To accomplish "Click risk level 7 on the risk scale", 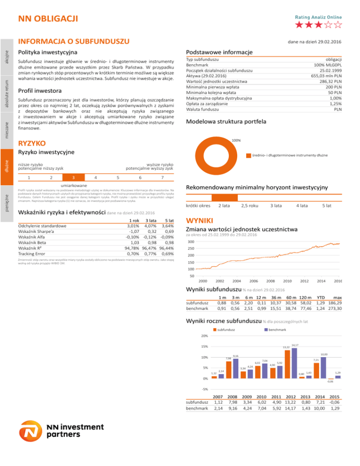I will tap(161, 177).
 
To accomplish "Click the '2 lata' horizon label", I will tap(223, 206).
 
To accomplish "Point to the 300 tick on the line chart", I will tap(190, 242).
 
